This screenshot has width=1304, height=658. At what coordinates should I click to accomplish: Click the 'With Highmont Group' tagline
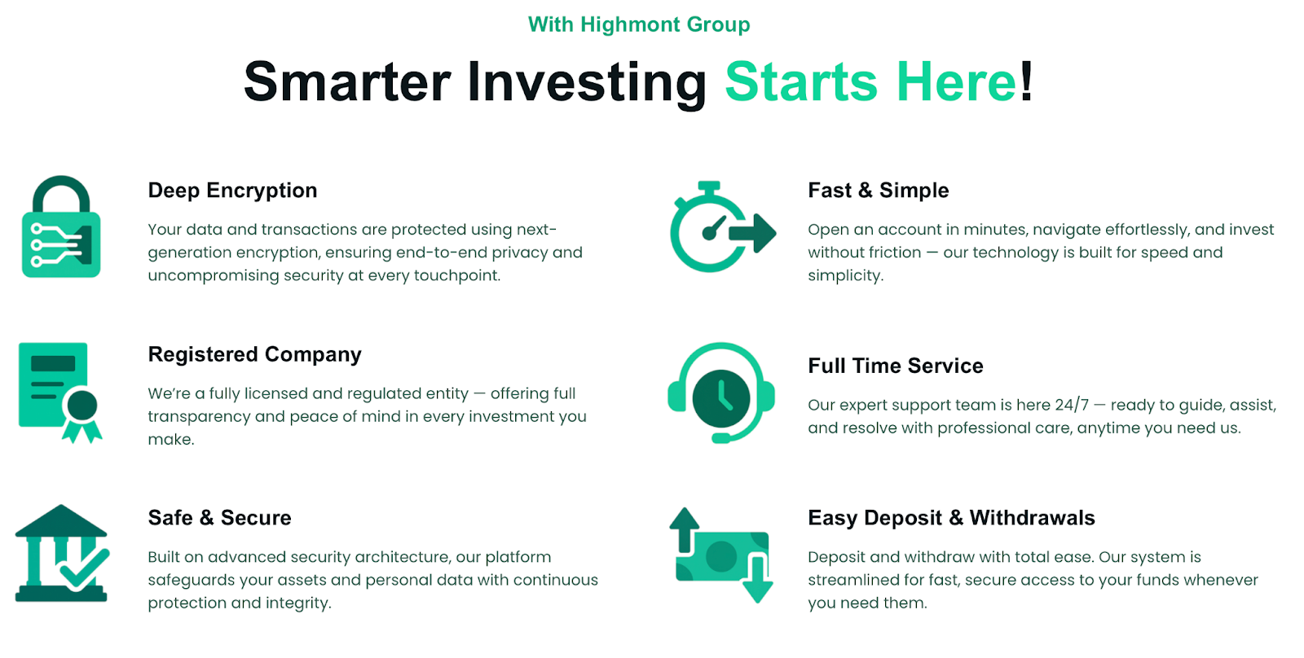click(x=639, y=24)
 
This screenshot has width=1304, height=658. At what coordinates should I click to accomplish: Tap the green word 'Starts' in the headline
click(x=801, y=81)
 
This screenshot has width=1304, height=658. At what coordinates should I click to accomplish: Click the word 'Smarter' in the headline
click(x=347, y=81)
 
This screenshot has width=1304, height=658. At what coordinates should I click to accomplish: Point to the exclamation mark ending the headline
click(x=1026, y=81)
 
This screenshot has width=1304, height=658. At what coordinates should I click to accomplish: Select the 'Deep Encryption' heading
click(x=232, y=191)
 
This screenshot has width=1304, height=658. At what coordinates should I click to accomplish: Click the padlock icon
click(x=61, y=226)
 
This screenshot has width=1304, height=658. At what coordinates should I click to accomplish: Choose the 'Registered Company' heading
click(x=254, y=354)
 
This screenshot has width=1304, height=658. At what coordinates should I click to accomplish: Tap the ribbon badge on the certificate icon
click(x=82, y=415)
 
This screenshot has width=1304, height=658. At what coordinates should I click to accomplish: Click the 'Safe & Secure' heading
click(x=219, y=518)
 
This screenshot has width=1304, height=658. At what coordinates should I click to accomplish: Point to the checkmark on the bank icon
click(x=85, y=569)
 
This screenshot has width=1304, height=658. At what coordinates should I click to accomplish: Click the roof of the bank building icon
click(x=61, y=520)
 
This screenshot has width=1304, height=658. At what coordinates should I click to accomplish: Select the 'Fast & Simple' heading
click(x=878, y=191)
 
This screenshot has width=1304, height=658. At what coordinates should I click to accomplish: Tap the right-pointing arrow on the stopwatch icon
click(x=752, y=233)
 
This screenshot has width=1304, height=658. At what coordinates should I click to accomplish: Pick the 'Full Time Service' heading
click(x=896, y=366)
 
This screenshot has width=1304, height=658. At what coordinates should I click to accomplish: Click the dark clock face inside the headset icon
click(x=721, y=398)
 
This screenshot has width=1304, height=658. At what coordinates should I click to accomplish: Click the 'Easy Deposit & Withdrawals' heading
click(x=951, y=518)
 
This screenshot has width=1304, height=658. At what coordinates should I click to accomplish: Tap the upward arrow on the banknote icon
click(x=684, y=529)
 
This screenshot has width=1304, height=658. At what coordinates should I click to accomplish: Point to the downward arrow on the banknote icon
click(x=757, y=580)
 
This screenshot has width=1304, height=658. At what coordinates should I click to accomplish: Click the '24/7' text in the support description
click(x=1071, y=405)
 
